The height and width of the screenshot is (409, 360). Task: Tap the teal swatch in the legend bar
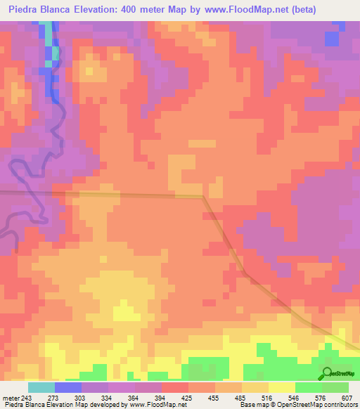(41, 388)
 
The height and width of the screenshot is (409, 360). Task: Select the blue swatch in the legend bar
(68, 388)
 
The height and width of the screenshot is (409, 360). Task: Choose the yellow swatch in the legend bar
(282, 388)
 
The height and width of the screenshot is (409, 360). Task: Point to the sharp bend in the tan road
(204, 197)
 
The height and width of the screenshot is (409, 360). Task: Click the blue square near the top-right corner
(332, 38)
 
